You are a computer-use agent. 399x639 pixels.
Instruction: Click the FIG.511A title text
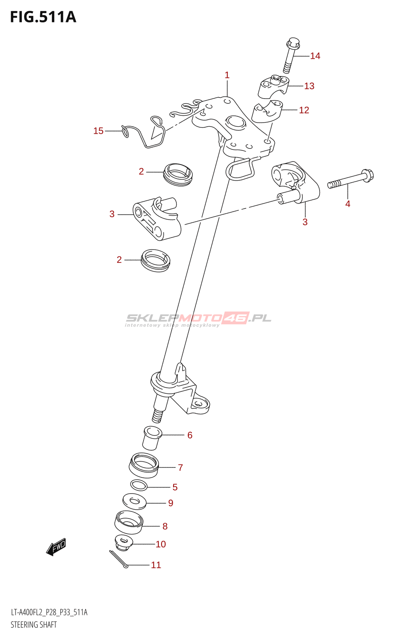(x=43, y=17)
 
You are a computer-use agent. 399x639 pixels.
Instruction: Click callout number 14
(x=315, y=56)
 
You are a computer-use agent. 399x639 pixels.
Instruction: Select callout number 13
(x=309, y=86)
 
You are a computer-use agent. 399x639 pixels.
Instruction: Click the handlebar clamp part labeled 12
(x=267, y=111)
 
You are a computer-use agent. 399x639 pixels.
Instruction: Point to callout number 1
(x=227, y=75)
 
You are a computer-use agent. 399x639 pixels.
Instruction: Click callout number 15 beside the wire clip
(x=98, y=131)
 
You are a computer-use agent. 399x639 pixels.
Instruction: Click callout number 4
(x=348, y=204)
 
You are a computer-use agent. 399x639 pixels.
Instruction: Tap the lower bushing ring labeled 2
(x=156, y=260)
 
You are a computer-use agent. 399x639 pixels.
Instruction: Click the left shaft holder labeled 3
(x=156, y=219)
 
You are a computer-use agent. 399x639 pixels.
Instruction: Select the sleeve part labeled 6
(x=152, y=438)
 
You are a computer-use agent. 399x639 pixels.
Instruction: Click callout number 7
(x=180, y=467)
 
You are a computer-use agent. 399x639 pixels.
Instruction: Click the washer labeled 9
(x=134, y=501)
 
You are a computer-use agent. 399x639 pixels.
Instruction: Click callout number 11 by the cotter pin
(x=156, y=565)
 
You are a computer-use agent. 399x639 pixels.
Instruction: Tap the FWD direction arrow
(x=56, y=547)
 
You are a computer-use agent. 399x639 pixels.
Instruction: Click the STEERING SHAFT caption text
(x=34, y=625)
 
